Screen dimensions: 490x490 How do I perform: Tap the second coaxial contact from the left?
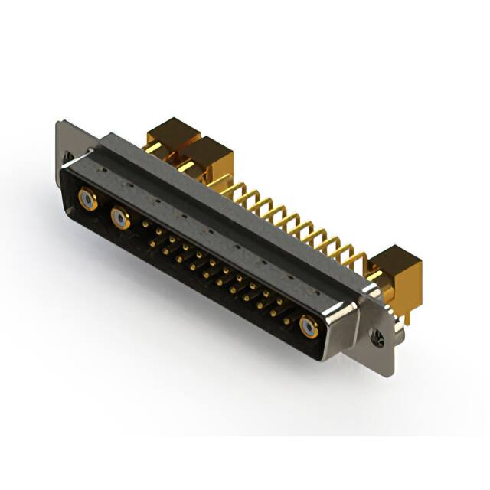(120, 220)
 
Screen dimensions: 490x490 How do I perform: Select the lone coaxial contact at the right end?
(309, 328)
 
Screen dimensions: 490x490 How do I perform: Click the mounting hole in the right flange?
(376, 335)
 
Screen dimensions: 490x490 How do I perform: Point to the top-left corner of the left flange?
(58, 122)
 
